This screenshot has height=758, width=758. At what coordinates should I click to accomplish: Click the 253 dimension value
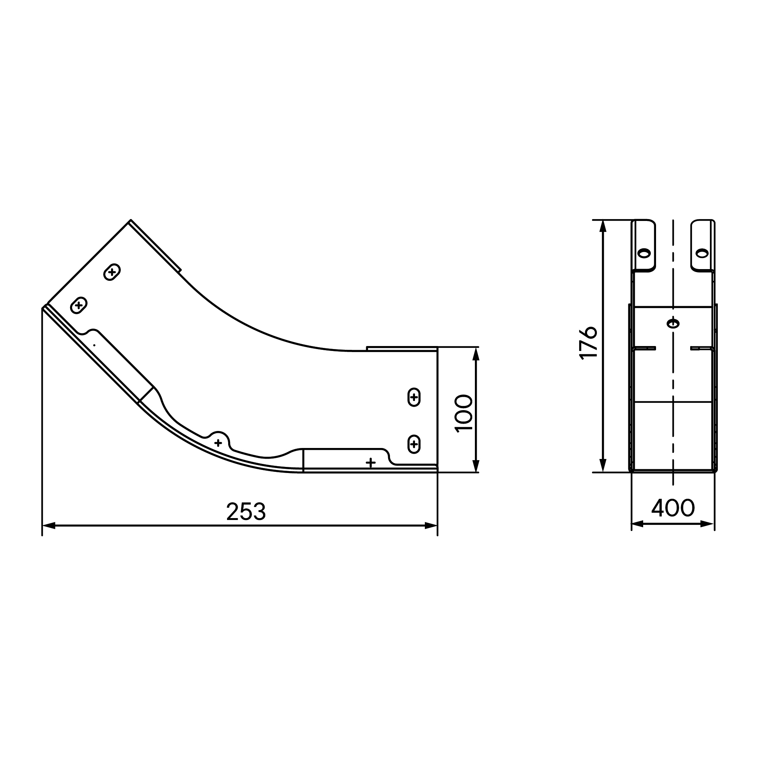point(246,512)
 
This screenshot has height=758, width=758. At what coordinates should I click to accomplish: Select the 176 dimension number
point(588,343)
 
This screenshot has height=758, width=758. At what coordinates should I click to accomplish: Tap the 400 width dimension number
point(673,507)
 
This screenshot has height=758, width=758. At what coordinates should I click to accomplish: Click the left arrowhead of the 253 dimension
point(49,525)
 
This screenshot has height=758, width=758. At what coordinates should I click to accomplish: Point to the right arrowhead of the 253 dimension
point(431,525)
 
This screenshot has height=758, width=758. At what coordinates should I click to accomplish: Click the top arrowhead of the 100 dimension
point(476,354)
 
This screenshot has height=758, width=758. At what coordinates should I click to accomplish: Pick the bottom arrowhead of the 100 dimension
point(476,466)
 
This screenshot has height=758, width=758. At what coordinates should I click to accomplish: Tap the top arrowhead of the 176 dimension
point(603,226)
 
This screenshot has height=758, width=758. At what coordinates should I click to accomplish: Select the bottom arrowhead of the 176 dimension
point(603,466)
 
